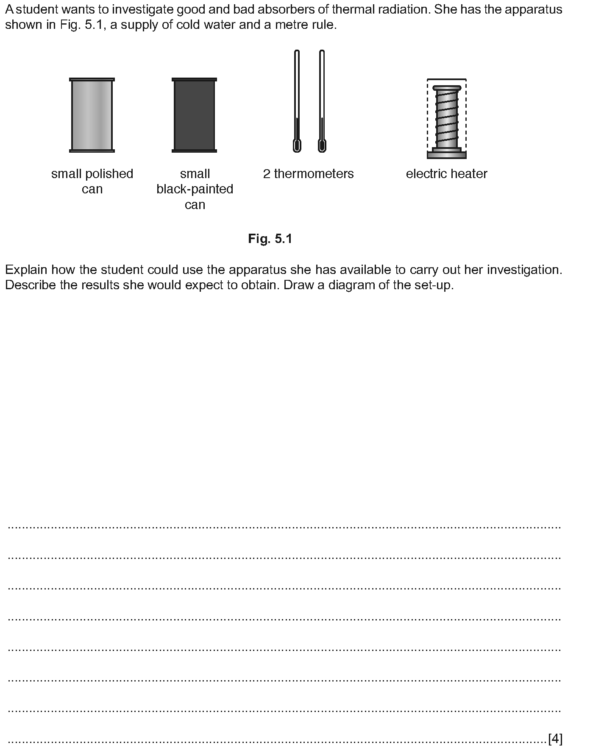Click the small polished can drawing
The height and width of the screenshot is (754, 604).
tap(92, 115)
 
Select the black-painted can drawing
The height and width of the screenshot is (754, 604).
tap(194, 115)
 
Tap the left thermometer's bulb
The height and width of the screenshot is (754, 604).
tap(297, 146)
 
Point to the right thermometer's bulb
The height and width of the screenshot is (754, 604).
tap(322, 146)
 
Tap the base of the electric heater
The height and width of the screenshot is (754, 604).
tap(447, 155)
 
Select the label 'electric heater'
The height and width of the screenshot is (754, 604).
tap(446, 174)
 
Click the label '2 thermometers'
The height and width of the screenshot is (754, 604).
tap(308, 174)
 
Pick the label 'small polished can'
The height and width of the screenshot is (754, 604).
tap(92, 181)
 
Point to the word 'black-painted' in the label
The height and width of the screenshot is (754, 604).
tap(195, 189)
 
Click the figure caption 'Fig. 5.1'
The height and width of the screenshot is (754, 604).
tap(270, 239)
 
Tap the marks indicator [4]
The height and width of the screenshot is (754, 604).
tap(555, 739)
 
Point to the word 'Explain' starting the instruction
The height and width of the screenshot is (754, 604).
tap(26, 270)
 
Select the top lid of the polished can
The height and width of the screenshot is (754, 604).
tap(92, 79)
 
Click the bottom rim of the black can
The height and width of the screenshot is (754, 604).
tap(194, 151)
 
